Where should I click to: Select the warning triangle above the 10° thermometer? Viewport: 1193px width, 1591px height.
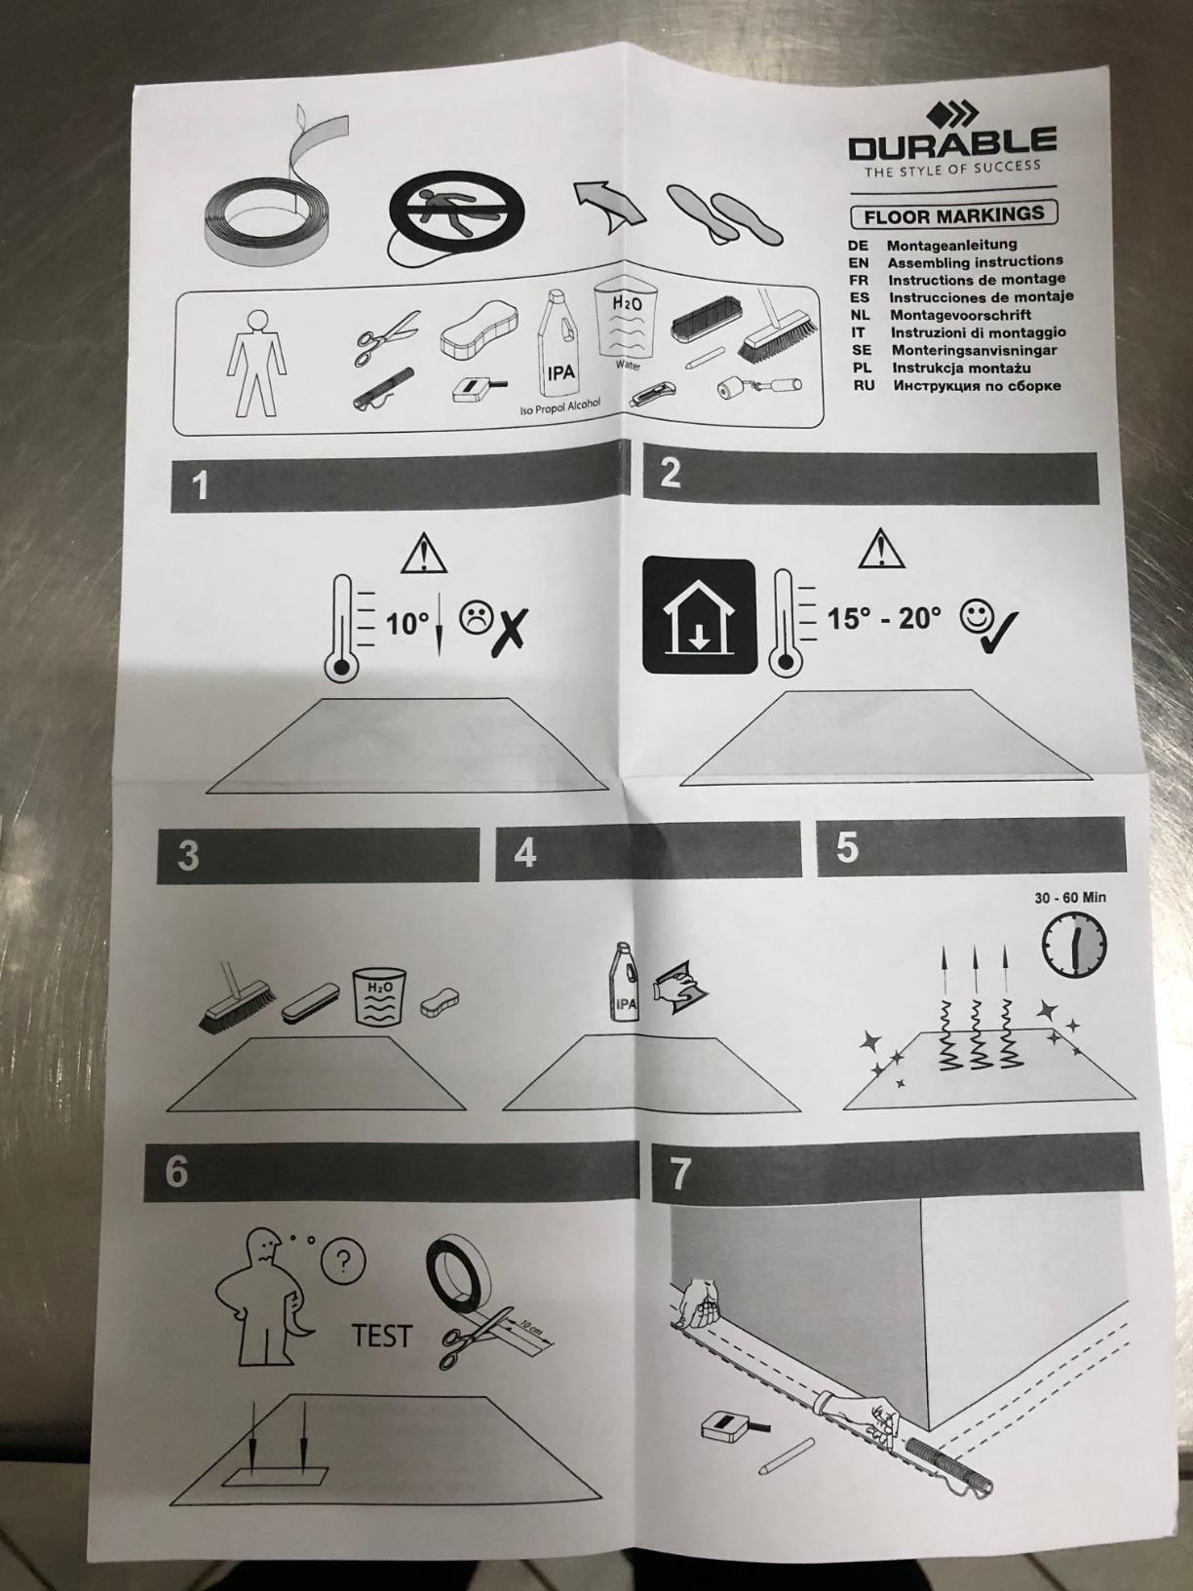coord(424,554)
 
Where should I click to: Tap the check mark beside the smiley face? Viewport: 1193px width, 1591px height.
coord(997,620)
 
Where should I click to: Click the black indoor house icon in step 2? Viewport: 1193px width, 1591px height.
coord(699,617)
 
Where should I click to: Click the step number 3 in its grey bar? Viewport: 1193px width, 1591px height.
coord(188,856)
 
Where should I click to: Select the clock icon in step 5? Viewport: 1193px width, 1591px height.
coord(1074,943)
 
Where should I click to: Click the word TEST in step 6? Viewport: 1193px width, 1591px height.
coord(382,1336)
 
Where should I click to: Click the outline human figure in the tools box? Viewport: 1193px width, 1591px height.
coord(257,362)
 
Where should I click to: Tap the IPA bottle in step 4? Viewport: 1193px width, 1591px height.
coord(624,982)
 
